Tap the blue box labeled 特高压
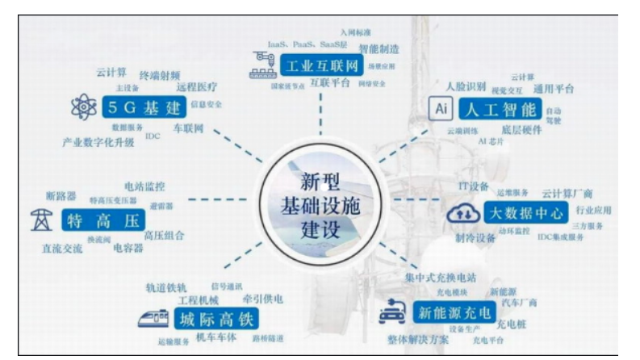click(x=107, y=220)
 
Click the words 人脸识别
click(x=466, y=86)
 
